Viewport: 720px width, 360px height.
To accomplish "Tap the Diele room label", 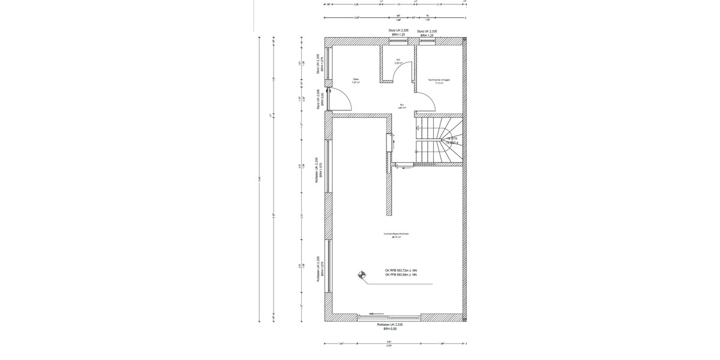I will (356, 80).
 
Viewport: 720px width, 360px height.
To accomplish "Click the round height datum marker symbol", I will (361, 275).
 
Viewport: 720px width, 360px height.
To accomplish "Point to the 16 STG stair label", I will (452, 139).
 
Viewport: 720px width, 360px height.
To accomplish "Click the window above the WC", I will (398, 41).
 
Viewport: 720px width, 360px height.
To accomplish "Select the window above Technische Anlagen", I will (427, 41).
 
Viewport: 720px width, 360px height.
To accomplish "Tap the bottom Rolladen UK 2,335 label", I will (390, 325).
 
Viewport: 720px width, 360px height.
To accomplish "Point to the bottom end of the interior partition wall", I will (389, 213).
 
